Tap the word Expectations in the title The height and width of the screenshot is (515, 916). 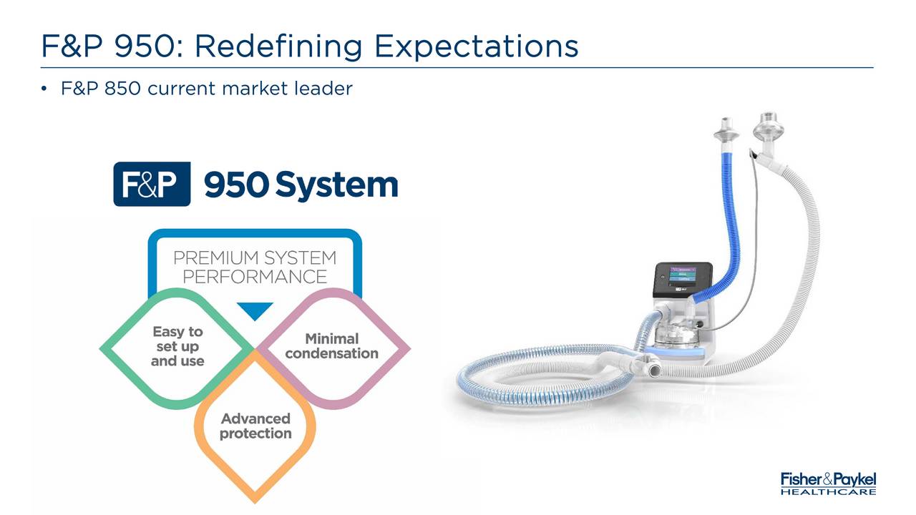tap(477, 47)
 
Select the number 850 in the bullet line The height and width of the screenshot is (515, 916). tap(122, 88)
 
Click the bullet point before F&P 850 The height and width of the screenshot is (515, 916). tap(44, 89)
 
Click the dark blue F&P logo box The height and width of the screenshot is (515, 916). tap(152, 184)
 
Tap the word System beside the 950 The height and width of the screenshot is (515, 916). tap(336, 185)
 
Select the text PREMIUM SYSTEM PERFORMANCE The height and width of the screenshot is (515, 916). tap(255, 268)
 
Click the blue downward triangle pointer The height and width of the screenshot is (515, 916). tap(255, 311)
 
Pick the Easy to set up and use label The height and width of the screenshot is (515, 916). tap(177, 346)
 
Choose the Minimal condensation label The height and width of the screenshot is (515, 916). tap(331, 346)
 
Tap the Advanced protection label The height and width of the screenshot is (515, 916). tap(255, 426)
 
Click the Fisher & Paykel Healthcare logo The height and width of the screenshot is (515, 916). tap(829, 484)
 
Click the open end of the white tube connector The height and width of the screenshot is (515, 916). tap(654, 371)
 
